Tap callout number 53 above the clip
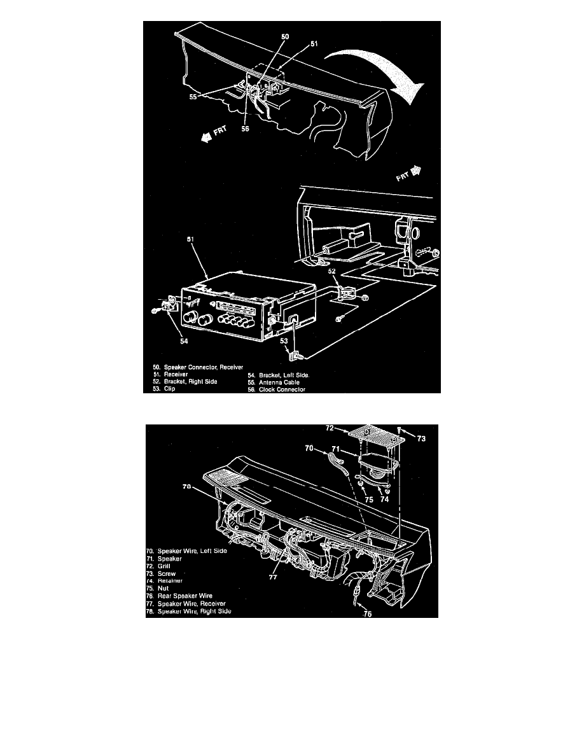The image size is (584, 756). point(286,342)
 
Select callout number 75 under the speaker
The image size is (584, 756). point(368,500)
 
